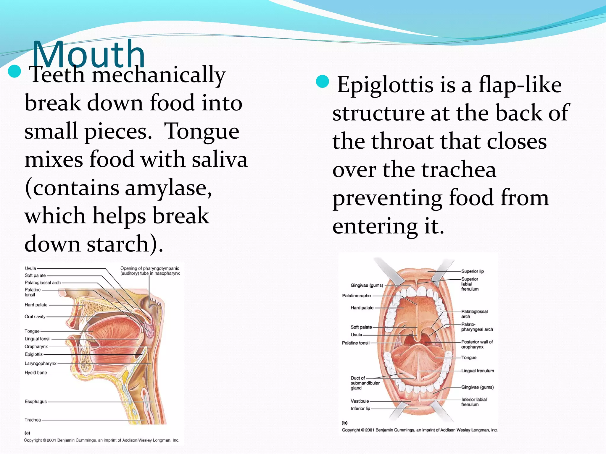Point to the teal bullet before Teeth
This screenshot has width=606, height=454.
pyautogui.click(x=14, y=72)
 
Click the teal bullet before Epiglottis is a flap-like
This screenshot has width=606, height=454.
pyautogui.click(x=322, y=82)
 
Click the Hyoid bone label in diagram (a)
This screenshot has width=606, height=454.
pyautogui.click(x=36, y=373)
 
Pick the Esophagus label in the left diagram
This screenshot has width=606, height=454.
pyautogui.click(x=36, y=402)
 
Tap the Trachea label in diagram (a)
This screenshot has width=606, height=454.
pyautogui.click(x=33, y=420)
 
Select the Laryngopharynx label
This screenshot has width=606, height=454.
pyautogui.click(x=41, y=364)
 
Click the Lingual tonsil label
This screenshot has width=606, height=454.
pyautogui.click(x=38, y=339)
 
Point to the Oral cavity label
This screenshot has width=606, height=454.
pyautogui.click(x=35, y=317)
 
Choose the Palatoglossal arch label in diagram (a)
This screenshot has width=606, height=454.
pyautogui.click(x=43, y=283)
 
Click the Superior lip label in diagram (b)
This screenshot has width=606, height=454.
pyautogui.click(x=473, y=271)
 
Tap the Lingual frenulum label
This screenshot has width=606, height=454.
pyautogui.click(x=478, y=371)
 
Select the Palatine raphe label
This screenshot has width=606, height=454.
pyautogui.click(x=356, y=296)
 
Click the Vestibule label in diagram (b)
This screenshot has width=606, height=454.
pyautogui.click(x=360, y=401)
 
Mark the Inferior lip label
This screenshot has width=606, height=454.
pyautogui.click(x=360, y=408)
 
